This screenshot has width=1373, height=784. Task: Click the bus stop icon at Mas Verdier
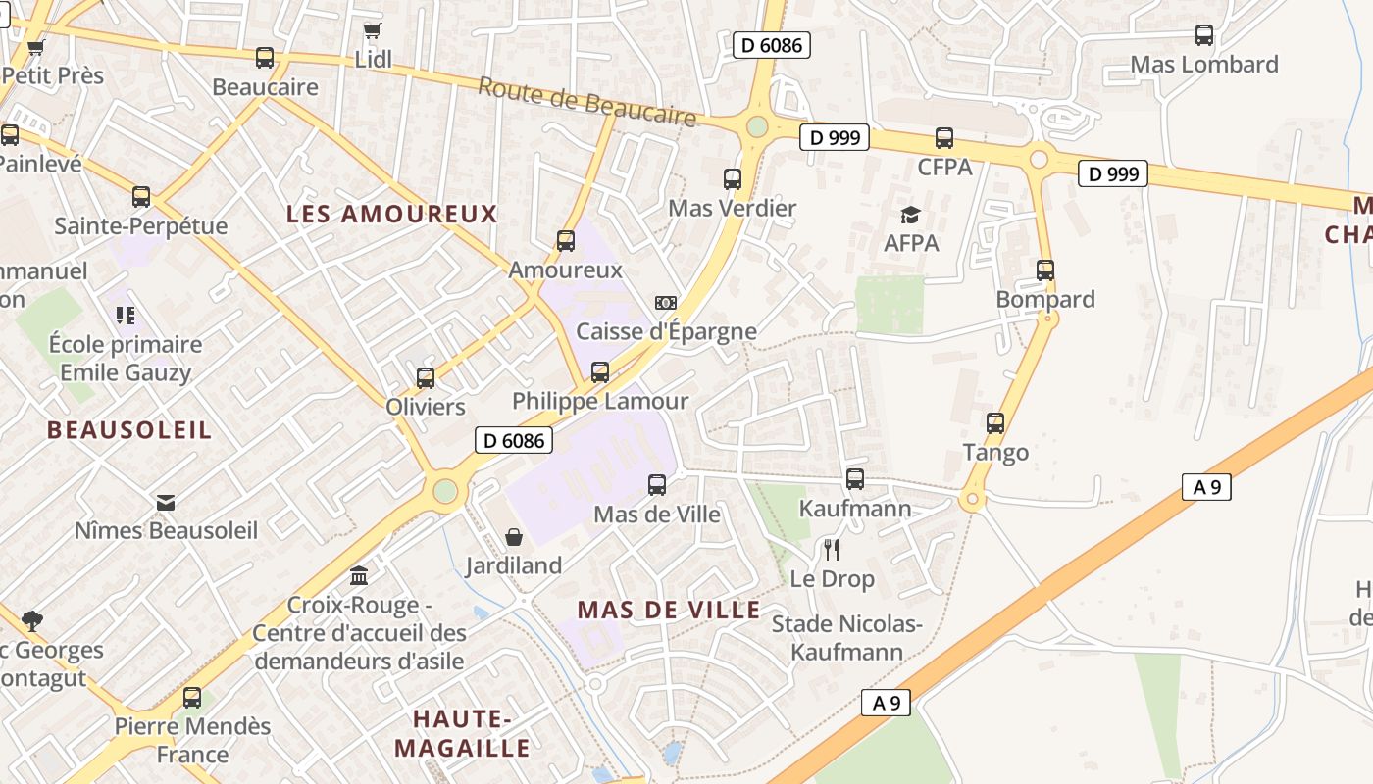[733, 179]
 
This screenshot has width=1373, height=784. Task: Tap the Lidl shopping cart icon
[373, 31]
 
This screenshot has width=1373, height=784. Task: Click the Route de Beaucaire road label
[586, 102]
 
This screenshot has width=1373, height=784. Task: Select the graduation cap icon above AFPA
[911, 215]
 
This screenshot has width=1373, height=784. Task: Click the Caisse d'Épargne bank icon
[666, 303]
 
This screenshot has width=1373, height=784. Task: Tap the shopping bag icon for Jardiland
[513, 537]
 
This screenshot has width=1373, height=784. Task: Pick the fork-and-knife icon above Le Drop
[832, 549]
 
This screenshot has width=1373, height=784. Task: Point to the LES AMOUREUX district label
[392, 214]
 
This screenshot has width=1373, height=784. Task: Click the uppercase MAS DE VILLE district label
[668, 610]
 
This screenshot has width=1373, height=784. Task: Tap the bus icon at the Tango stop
[995, 423]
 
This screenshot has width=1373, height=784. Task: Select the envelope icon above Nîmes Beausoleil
[166, 503]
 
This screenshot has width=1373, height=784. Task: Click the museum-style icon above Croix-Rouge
[359, 575]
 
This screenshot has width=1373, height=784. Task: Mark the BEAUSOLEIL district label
[129, 429]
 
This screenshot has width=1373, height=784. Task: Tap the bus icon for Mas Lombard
[1204, 35]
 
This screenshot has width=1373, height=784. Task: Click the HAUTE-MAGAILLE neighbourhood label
[462, 733]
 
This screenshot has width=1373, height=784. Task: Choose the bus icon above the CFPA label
[944, 138]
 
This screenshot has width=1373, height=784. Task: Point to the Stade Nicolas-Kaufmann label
[847, 637]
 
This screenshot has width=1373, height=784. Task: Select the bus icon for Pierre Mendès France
[192, 698]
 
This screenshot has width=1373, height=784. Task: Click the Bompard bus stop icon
[1045, 270]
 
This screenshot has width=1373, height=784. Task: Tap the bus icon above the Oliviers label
[426, 378]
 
